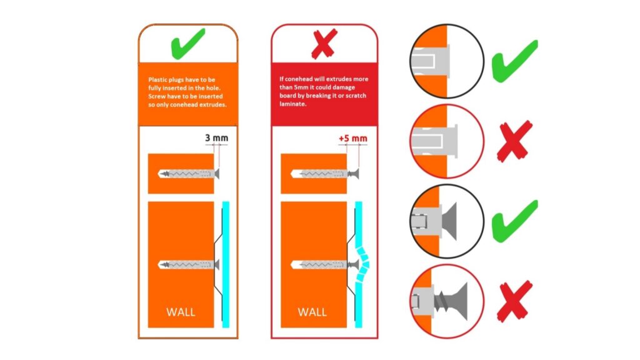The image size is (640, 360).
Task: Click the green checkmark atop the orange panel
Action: (x=187, y=44)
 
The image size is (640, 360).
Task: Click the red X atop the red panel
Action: (x=324, y=43)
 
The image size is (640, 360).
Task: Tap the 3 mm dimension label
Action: (x=216, y=138)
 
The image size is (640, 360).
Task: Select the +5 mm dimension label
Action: (x=352, y=139)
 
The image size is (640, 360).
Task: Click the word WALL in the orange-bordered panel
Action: (x=181, y=312)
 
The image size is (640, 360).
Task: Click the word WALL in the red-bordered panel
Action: (x=312, y=312)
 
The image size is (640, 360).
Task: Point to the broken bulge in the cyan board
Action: (x=362, y=264)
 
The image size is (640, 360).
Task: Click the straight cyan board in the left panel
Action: (x=226, y=264)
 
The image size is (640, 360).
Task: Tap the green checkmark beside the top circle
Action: (x=514, y=61)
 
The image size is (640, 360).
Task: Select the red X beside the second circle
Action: (x=515, y=141)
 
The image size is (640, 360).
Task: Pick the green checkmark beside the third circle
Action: (x=514, y=221)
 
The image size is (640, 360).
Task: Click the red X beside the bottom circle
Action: (x=515, y=301)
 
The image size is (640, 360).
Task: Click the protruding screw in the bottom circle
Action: (x=452, y=301)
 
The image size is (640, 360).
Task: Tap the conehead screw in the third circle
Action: (x=448, y=221)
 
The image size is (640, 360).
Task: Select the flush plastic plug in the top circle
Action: (x=430, y=61)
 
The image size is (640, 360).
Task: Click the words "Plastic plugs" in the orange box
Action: (x=166, y=79)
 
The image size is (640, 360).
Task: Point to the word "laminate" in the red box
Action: (x=292, y=104)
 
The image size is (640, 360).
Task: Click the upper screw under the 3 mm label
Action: (x=189, y=174)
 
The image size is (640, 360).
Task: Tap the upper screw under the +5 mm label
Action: (x=325, y=174)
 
